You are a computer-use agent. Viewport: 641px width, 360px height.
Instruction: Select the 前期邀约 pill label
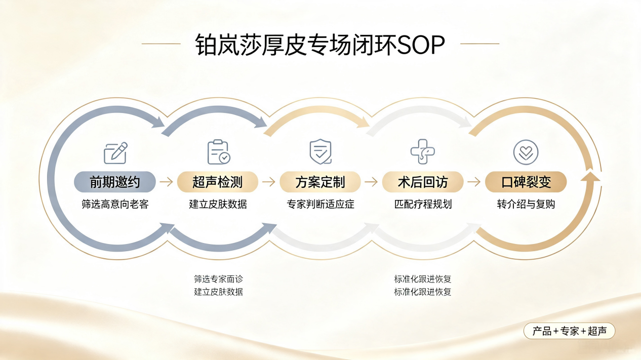115,182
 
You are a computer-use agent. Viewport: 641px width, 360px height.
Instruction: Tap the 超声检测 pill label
218,182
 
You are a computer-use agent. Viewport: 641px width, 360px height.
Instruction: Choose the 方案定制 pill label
320,182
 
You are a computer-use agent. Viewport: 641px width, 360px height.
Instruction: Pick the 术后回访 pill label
423,182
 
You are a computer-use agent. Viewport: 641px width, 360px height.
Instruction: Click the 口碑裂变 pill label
526,182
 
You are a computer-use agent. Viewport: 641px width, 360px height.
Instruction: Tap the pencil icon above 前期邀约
115,153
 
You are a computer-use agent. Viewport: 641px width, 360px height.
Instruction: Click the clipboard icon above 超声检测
219,152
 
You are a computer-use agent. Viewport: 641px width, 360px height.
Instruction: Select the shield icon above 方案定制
320,152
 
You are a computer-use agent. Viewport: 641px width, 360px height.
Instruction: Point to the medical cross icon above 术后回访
423,152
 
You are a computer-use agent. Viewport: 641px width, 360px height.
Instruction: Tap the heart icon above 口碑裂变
526,152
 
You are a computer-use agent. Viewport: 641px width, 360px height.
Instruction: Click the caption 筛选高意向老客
115,205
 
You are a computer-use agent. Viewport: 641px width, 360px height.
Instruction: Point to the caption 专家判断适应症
320,205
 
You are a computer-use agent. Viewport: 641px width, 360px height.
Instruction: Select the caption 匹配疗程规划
423,205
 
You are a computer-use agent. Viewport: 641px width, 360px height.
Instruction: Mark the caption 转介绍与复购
526,205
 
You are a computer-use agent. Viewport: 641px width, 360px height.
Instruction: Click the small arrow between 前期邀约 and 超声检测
166,182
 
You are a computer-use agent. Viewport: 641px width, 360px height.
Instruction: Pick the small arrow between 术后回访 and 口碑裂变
474,182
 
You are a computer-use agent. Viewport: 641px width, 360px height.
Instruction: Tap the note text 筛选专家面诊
218,278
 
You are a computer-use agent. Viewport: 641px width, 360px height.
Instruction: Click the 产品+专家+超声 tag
569,331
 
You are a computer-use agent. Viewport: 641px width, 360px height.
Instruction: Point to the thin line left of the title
161,44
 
